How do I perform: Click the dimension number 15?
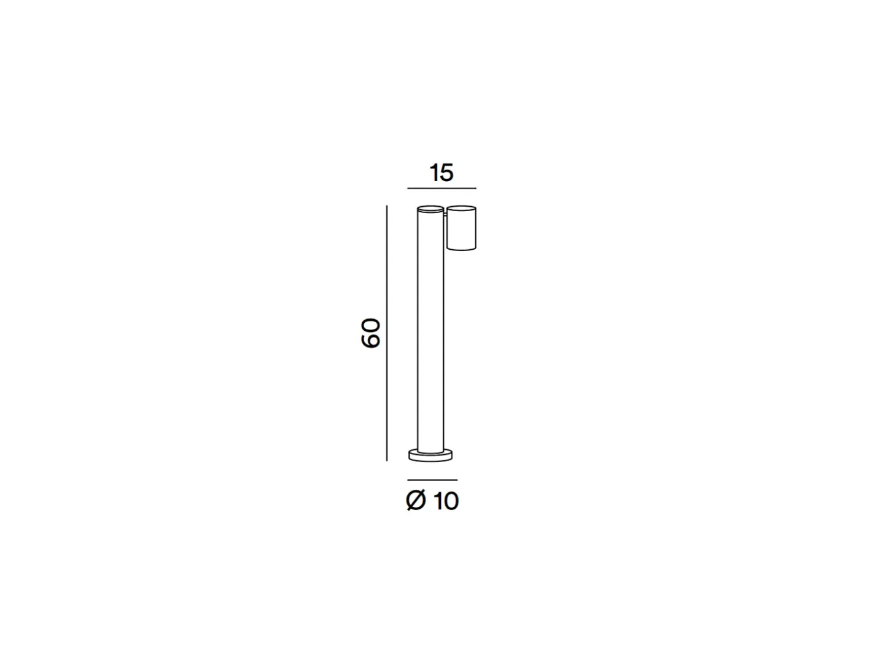(x=441, y=173)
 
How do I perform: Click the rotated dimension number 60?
(x=371, y=333)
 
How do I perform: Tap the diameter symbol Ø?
(x=416, y=500)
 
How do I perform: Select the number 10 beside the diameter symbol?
(x=446, y=501)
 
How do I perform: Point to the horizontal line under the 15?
(x=442, y=188)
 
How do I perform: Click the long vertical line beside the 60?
(x=386, y=333)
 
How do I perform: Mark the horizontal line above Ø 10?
(x=432, y=480)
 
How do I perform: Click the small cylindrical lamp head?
(x=461, y=228)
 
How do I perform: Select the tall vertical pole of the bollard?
(x=430, y=330)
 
